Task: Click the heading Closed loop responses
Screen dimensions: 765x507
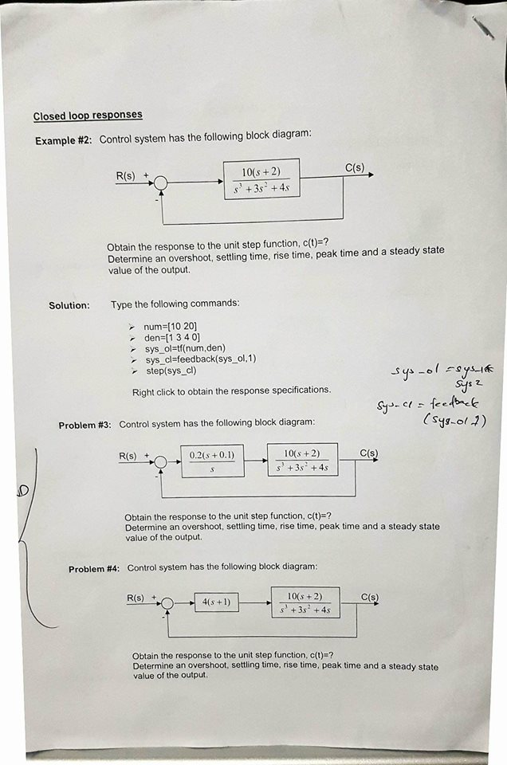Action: [x=88, y=116]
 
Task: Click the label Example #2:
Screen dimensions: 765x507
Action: [x=63, y=141]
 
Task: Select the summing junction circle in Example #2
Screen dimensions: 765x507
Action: [x=161, y=183]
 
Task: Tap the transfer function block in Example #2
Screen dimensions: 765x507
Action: [x=261, y=179]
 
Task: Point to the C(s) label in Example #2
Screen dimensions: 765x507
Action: [x=355, y=167]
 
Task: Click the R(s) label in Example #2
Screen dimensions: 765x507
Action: [x=126, y=176]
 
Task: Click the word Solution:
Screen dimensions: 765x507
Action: [x=69, y=305]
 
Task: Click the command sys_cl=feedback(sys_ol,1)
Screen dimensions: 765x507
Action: [x=200, y=359]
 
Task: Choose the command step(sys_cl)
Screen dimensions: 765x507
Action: [x=170, y=371]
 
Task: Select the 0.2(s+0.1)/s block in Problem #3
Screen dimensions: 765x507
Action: [x=212, y=461]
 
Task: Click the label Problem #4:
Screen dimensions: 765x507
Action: [x=94, y=569]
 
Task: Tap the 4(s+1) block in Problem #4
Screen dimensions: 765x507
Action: [x=216, y=602]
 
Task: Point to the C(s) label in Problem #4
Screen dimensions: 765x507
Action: [x=370, y=597]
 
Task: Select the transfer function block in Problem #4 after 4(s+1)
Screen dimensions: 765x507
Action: [x=305, y=602]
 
